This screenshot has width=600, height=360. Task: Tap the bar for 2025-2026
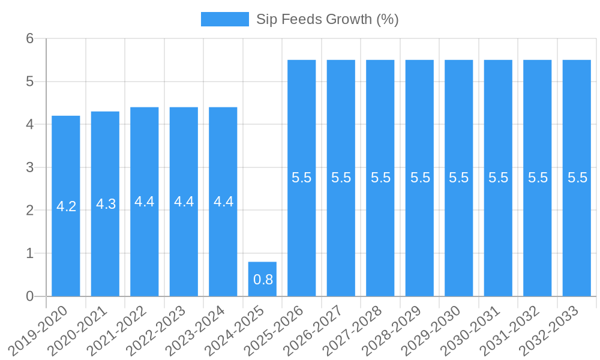302,228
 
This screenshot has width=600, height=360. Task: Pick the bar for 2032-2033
577,228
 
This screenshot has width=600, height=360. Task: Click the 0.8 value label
263,279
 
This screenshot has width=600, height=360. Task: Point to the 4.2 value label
66,206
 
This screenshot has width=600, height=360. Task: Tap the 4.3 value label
106,204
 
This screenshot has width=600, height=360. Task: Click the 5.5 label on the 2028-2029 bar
420,178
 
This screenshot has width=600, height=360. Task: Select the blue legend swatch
224,19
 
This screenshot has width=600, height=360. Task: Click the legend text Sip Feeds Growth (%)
327,19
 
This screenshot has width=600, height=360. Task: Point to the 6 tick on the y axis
29,38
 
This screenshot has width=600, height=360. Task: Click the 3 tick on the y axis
29,167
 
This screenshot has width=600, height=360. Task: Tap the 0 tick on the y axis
29,296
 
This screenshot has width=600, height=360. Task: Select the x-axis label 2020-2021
78,329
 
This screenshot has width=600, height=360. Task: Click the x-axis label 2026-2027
314,329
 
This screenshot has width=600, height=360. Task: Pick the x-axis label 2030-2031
471,329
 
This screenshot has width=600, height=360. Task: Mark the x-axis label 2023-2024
196,329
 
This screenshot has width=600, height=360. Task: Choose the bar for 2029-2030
459,228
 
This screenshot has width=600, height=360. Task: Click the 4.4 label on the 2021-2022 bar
145,202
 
